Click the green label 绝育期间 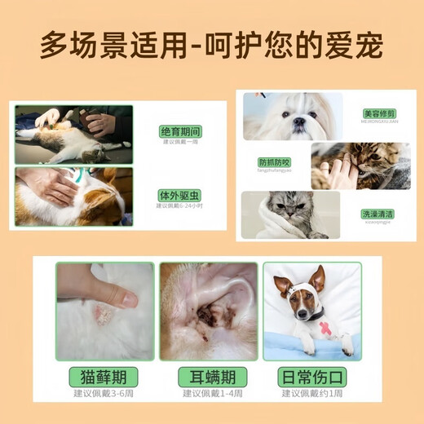point(181,130)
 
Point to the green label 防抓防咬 point(275,163)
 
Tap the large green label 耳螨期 point(212,377)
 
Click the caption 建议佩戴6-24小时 point(181,206)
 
